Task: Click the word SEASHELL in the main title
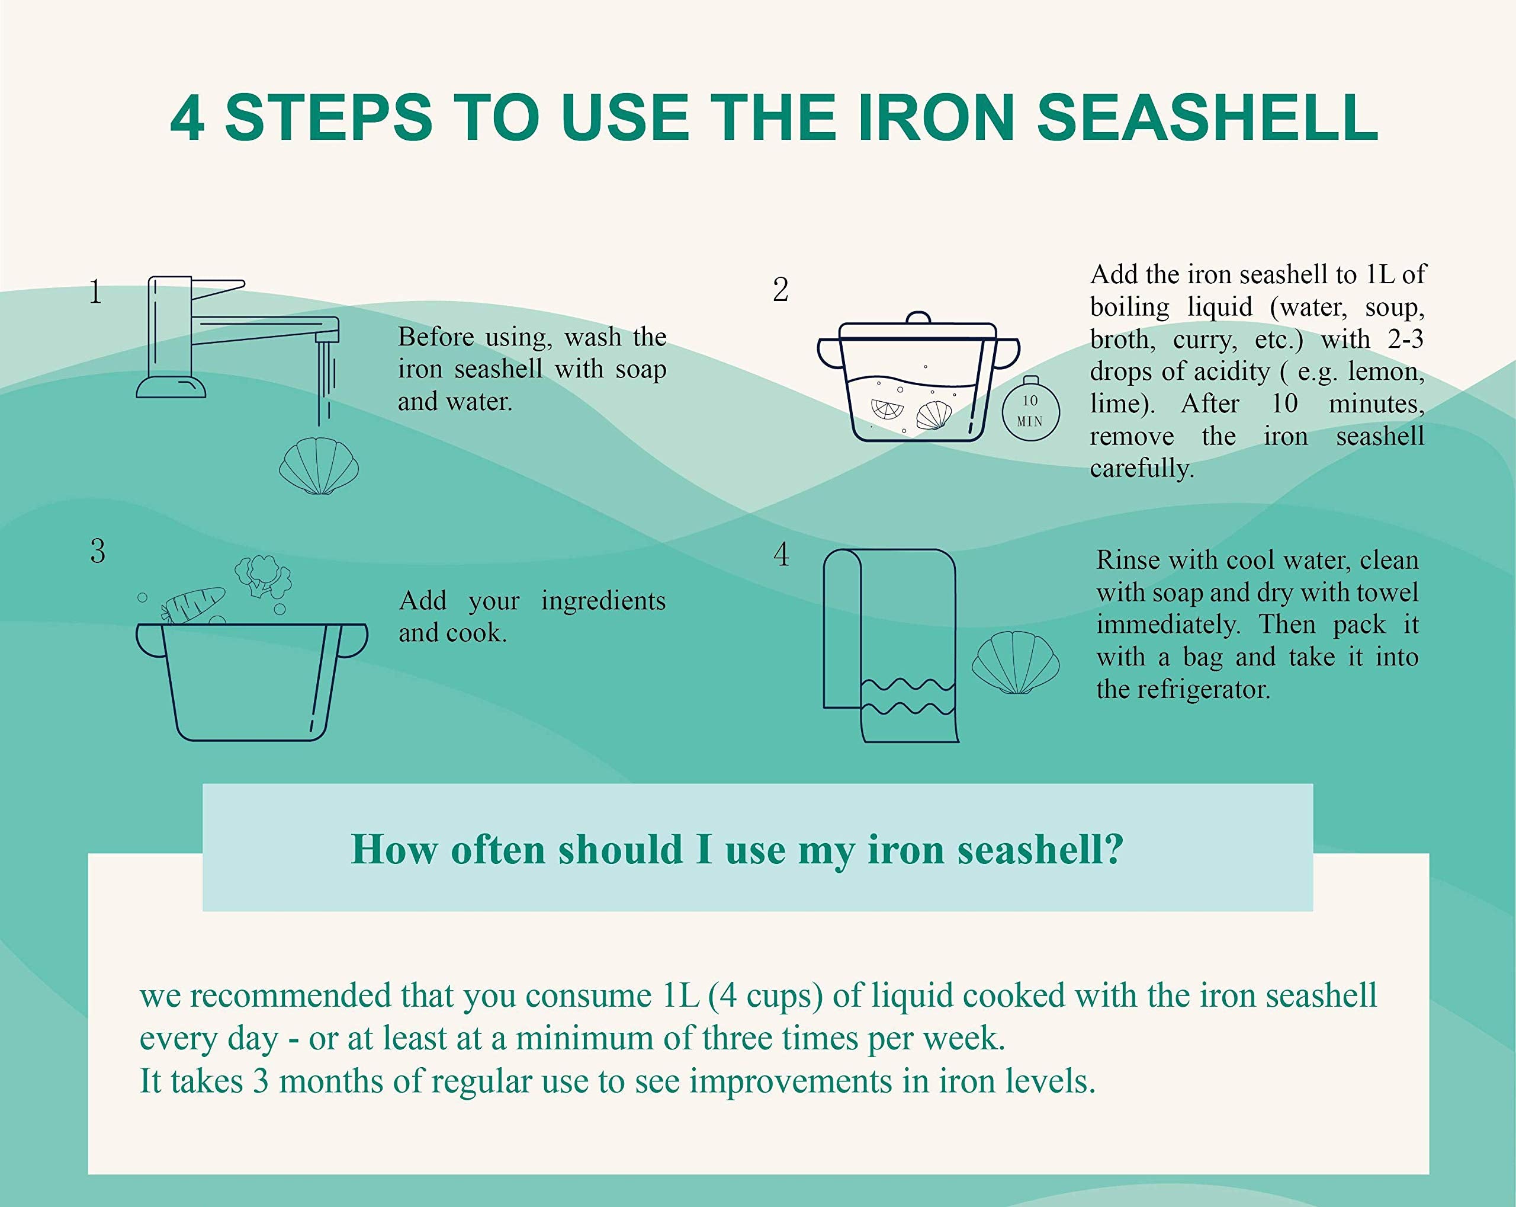click(x=1207, y=118)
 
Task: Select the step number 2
click(x=781, y=290)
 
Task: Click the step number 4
click(x=781, y=554)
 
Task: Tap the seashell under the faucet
click(x=319, y=466)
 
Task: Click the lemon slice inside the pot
click(x=887, y=409)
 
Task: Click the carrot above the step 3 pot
click(x=194, y=605)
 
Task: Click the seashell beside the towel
click(x=1016, y=662)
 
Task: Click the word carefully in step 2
click(x=1141, y=469)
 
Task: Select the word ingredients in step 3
click(x=603, y=601)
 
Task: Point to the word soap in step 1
click(x=641, y=369)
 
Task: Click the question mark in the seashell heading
click(x=1113, y=849)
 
